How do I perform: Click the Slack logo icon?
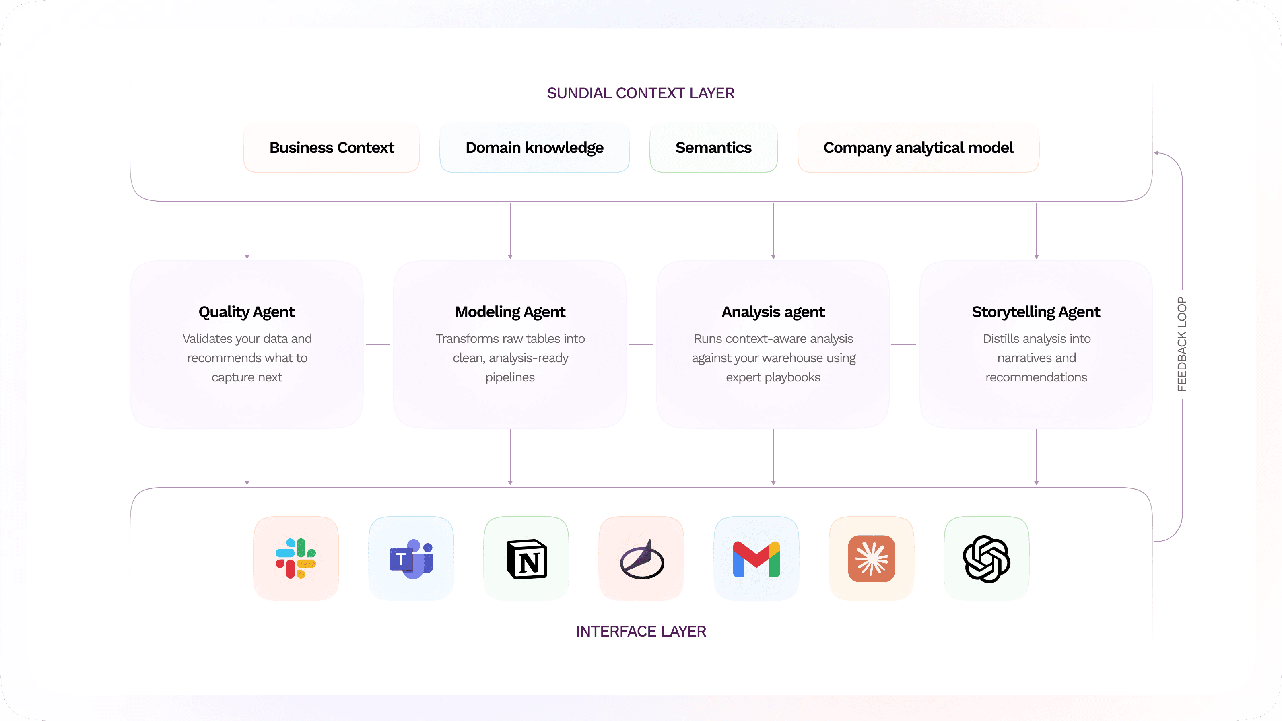(296, 558)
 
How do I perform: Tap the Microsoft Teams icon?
(412, 558)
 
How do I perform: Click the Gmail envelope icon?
(756, 559)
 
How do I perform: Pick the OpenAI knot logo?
(986, 559)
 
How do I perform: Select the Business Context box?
(332, 148)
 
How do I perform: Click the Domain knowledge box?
(534, 148)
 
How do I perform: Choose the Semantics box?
(713, 148)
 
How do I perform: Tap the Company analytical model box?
(918, 148)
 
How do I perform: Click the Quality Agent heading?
(246, 312)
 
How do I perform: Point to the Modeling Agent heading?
(510, 312)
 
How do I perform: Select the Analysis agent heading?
(773, 312)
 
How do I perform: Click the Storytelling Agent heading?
(1036, 312)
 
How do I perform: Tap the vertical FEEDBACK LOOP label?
(1182, 344)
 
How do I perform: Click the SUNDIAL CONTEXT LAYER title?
(641, 93)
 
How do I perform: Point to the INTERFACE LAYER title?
(641, 631)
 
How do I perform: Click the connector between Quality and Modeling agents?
(378, 344)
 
